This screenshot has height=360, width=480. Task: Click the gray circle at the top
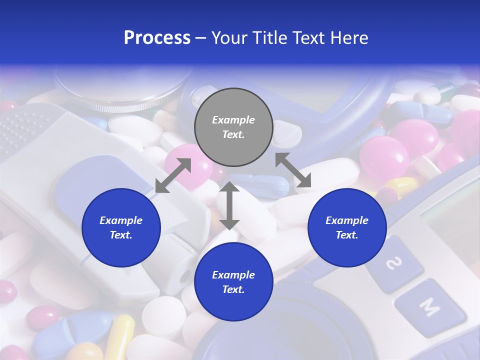[233, 127]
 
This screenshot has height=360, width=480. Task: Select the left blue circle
[121, 227]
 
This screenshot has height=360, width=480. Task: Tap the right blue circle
[347, 227]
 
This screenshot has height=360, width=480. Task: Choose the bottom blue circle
[233, 282]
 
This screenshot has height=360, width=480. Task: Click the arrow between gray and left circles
[173, 175]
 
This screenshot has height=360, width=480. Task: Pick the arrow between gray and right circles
[293, 170]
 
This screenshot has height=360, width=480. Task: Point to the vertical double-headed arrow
[229, 205]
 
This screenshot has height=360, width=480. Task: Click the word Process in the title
[157, 38]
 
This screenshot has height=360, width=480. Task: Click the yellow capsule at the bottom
[119, 337]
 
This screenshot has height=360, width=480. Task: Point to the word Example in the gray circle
[233, 120]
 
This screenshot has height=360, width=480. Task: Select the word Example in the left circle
[121, 220]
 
